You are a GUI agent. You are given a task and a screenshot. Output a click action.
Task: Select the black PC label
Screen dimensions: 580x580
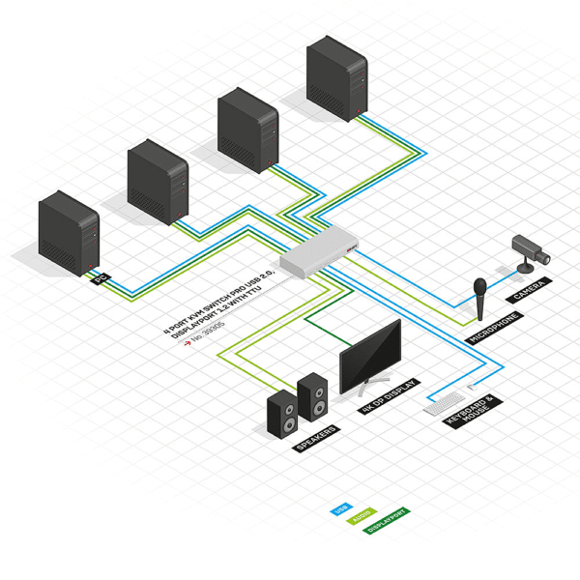pyautogui.click(x=100, y=280)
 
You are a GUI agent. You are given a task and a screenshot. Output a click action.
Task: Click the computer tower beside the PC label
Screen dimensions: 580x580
pyautogui.click(x=69, y=234)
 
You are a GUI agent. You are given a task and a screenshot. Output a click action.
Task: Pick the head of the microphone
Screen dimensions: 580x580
pyautogui.click(x=479, y=288)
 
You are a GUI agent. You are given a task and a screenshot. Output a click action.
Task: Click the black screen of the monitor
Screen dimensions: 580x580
pyautogui.click(x=370, y=356)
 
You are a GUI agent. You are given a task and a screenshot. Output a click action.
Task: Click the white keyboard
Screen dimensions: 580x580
pyautogui.click(x=447, y=402)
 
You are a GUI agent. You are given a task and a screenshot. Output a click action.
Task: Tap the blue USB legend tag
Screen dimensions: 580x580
pyautogui.click(x=339, y=507)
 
